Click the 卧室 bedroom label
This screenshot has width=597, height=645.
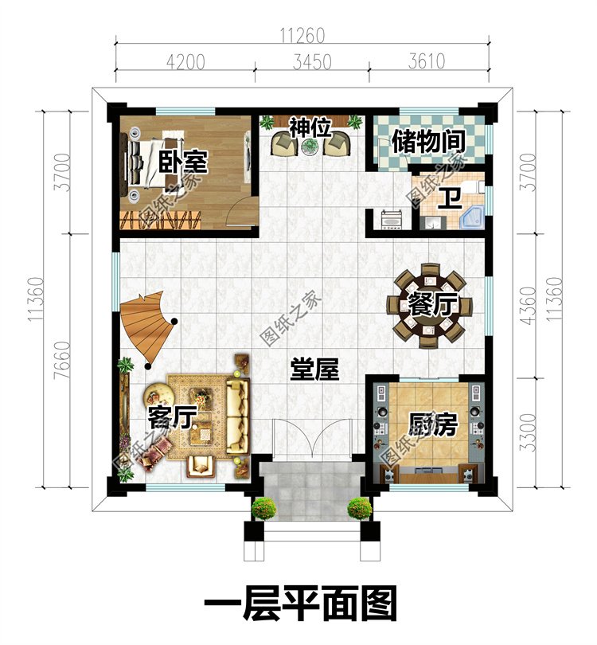tap(183, 162)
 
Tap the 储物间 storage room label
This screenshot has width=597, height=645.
tap(428, 142)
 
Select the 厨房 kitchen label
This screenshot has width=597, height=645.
tap(432, 424)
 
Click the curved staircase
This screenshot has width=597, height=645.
tap(147, 328)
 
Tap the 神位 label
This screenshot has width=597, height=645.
tap(310, 127)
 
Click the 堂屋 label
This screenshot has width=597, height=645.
tap(314, 369)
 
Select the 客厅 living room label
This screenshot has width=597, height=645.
tap(171, 417)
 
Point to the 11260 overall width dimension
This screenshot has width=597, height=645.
tap(302, 36)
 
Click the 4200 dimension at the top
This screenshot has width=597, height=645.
tap(185, 62)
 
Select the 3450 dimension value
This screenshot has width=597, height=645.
tap(312, 62)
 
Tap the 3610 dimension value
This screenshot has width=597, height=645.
tap(427, 61)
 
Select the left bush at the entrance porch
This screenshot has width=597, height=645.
tap(263, 508)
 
